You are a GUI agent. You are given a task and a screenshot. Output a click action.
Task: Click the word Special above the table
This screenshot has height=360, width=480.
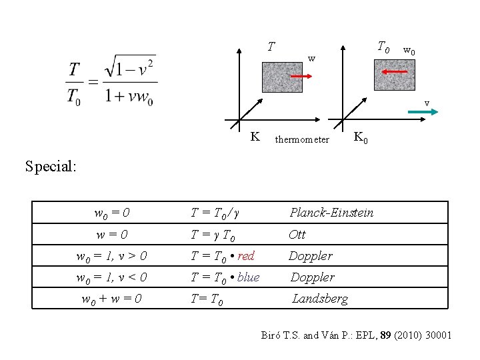(51, 166)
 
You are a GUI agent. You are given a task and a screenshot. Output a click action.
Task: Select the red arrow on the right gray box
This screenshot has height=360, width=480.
(395, 70)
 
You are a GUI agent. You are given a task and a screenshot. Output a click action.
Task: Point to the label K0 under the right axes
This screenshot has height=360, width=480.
(359, 138)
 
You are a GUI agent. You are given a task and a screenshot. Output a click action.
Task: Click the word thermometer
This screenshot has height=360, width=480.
(302, 140)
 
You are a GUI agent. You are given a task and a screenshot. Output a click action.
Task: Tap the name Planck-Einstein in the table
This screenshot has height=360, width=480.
(331, 213)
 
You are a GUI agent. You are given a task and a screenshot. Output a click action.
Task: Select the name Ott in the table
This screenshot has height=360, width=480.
(297, 234)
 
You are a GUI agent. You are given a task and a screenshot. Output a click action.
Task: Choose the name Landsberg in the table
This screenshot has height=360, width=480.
(320, 299)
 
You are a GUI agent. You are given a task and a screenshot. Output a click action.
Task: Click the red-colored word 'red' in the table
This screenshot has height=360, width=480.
(246, 256)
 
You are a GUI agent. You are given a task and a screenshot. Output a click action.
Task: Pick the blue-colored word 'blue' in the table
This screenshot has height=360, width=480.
(248, 277)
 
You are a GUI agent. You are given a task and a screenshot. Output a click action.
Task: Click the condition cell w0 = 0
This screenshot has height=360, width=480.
(111, 213)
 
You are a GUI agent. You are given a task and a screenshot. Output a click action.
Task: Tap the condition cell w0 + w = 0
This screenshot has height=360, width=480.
(111, 299)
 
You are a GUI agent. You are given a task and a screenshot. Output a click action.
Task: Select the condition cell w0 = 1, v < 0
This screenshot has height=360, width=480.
(111, 277)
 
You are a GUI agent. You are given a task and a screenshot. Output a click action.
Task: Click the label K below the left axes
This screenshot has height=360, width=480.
(255, 137)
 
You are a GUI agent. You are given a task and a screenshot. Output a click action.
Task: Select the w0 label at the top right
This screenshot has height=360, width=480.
(409, 51)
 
